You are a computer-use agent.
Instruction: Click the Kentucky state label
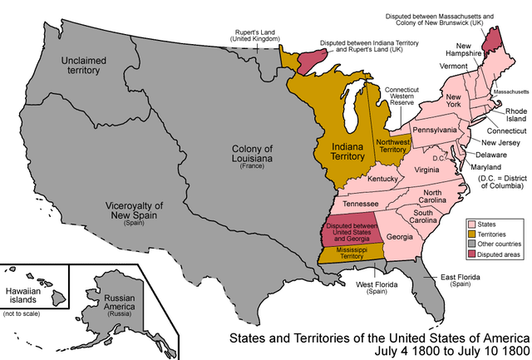pos(383,179)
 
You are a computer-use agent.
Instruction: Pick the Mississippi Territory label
pos(347,253)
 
